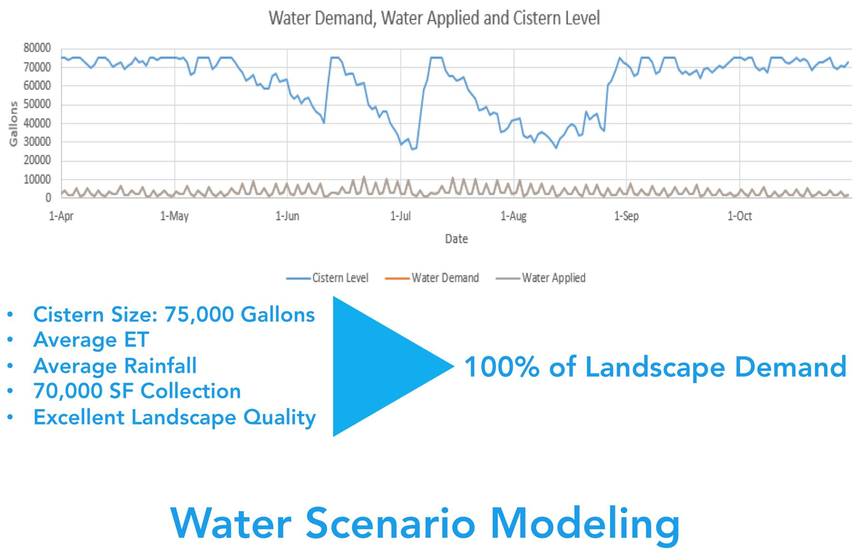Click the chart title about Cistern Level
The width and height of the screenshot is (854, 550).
pos(434,18)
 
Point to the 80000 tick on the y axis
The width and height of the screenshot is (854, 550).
pos(37,48)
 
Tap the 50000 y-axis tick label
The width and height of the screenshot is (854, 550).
pos(37,104)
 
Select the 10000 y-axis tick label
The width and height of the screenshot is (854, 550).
pos(37,179)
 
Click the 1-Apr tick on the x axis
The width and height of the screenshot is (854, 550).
pos(61,216)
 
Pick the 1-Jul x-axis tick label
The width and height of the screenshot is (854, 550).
pos(401,216)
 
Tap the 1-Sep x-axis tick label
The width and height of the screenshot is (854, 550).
pos(626,216)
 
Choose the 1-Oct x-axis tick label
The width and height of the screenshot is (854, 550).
pos(739,216)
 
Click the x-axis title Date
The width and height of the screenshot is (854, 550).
pos(456,239)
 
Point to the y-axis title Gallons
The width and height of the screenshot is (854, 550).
pos(13,123)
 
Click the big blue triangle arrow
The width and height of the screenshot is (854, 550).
pos(379,367)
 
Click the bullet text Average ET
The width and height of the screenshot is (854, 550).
pos(91,340)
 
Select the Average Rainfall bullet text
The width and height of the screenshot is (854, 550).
pos(115,366)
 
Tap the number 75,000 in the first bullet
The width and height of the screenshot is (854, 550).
pos(199,315)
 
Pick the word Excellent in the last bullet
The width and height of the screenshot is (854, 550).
pos(79,417)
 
